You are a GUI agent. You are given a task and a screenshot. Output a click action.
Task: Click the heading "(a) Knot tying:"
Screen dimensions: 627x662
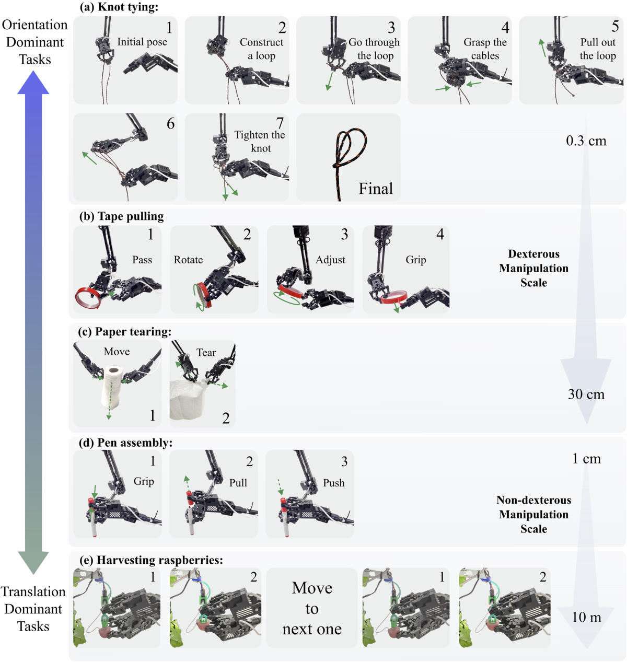(119, 7)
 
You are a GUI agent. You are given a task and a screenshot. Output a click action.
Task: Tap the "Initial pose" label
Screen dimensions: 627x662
(142, 42)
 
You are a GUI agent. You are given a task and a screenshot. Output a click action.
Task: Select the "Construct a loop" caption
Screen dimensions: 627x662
(261, 49)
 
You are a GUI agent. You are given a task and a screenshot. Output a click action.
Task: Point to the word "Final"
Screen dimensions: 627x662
(376, 189)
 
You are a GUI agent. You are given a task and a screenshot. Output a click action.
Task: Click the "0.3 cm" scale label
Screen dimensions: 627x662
(586, 141)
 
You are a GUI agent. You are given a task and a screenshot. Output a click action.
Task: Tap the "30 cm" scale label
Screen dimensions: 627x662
(586, 394)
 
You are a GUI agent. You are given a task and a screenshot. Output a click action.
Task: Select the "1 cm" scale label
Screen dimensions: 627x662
(586, 459)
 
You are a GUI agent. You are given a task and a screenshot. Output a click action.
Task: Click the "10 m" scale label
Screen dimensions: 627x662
(586, 618)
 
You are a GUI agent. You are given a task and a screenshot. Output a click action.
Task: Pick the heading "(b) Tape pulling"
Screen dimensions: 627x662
(121, 216)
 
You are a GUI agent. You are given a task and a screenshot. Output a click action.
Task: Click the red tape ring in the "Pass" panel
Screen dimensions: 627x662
(89, 297)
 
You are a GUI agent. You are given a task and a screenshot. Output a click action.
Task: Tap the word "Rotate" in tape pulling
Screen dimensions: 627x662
(188, 260)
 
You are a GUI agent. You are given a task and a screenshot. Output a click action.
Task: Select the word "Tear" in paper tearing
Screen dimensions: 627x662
(206, 353)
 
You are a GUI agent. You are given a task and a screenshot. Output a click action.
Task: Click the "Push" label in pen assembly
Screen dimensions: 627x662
(333, 483)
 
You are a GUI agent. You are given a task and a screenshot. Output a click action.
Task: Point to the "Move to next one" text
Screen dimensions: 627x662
(312, 608)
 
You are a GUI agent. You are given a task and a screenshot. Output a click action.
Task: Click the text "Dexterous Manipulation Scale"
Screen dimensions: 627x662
(533, 268)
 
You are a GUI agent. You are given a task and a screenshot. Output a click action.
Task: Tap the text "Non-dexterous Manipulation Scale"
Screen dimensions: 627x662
(533, 514)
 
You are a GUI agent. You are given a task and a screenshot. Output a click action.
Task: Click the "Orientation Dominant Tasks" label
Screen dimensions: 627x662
(35, 42)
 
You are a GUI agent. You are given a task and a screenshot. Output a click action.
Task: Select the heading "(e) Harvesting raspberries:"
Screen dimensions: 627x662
(151, 560)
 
